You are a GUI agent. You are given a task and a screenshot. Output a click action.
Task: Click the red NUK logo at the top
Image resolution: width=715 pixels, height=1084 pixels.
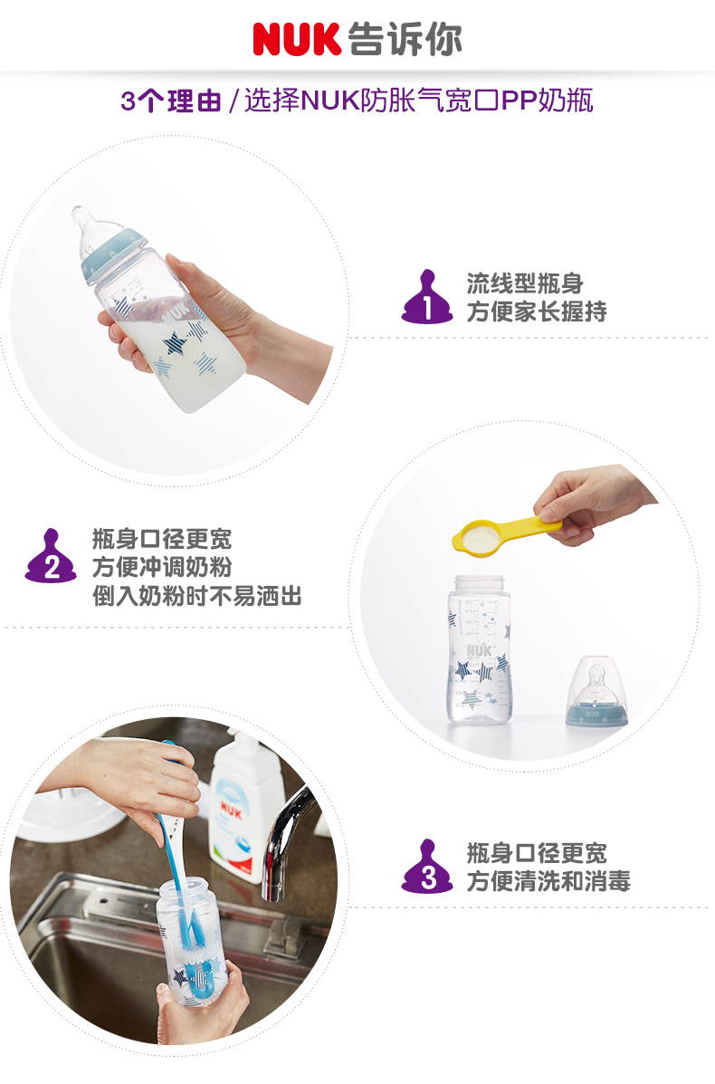click(297, 39)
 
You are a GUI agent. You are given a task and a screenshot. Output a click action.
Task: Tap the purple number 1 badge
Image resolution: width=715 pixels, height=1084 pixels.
click(427, 297)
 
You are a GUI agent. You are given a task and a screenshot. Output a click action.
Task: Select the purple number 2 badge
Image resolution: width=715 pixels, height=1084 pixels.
click(51, 557)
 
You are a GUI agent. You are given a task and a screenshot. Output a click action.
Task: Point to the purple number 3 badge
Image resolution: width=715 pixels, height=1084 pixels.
click(427, 867)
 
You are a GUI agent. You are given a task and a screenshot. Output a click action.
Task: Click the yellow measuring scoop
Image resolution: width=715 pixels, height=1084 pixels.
click(505, 534)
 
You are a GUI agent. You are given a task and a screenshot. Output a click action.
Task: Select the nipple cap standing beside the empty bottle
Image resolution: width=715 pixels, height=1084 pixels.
click(596, 691)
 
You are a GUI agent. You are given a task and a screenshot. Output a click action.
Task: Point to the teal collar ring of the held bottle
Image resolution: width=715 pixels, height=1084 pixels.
click(115, 255)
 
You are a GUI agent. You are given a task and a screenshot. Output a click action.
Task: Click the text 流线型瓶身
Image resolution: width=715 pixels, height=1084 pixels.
click(525, 283)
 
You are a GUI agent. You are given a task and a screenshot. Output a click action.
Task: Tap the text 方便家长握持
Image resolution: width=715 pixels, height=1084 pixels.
click(537, 312)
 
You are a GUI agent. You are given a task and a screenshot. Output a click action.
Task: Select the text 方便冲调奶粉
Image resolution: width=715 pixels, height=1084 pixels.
click(162, 567)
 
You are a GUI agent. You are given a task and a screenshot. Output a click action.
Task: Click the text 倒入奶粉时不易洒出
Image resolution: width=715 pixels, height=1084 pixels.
click(197, 596)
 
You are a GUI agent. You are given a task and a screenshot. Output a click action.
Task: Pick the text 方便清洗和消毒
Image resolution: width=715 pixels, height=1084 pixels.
click(548, 881)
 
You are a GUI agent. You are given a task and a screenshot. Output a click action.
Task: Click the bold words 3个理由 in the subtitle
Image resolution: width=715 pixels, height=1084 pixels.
click(171, 101)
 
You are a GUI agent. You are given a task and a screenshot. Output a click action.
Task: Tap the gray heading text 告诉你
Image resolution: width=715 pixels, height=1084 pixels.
click(405, 39)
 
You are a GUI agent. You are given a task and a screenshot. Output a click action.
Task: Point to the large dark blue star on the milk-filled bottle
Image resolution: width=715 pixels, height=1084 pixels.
click(174, 343)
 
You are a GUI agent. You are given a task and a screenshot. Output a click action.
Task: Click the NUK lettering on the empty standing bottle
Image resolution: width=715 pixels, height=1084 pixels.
click(479, 650)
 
